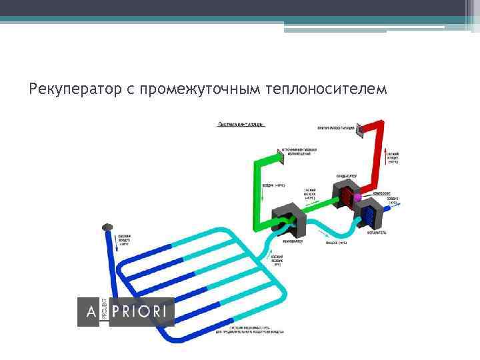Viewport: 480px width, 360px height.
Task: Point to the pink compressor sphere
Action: (x=357, y=197)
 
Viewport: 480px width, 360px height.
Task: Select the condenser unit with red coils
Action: (x=347, y=193)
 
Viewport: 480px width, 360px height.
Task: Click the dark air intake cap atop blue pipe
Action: (x=107, y=228)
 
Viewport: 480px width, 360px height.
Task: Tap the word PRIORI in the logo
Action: (x=141, y=312)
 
